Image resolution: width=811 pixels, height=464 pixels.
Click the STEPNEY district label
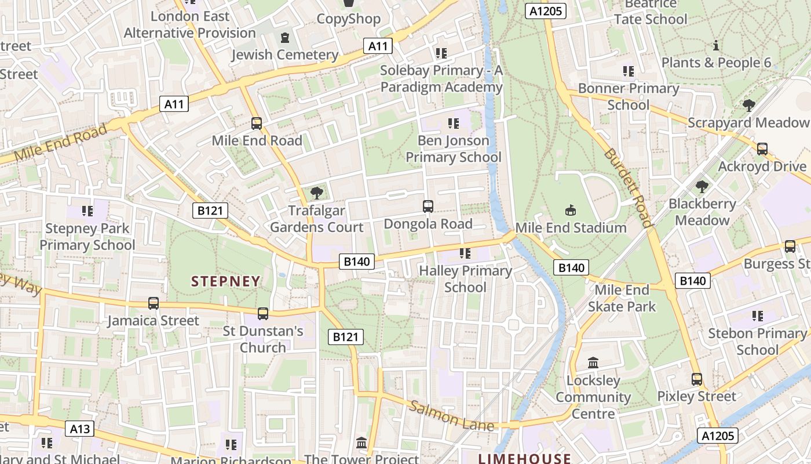tap(226, 281)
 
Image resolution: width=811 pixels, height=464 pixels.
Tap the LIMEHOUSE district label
tap(524, 458)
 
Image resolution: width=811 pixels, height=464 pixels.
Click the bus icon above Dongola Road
tap(428, 206)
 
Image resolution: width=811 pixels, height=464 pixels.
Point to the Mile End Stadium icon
tap(570, 210)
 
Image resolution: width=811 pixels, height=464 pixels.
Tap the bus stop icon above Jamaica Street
tap(153, 303)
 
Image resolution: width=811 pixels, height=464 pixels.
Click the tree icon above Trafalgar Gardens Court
tap(316, 193)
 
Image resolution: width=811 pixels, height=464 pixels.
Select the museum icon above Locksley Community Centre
tap(593, 363)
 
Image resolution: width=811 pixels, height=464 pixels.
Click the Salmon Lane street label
tap(452, 415)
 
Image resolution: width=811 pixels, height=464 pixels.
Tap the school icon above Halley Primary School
tap(465, 253)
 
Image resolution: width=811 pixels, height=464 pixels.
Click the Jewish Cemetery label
tap(284, 55)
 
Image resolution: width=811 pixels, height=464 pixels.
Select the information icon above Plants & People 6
tap(716, 45)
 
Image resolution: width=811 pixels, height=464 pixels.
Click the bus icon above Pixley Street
tap(696, 379)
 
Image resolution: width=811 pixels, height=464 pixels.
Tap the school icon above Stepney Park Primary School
tap(87, 211)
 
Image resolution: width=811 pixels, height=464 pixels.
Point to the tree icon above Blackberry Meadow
tap(702, 187)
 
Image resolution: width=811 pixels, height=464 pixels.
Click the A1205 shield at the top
tap(545, 10)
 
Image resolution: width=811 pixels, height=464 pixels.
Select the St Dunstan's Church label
tap(263, 339)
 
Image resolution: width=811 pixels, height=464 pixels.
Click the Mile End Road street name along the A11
tap(60, 143)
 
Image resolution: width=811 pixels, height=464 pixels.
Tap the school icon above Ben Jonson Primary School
tap(453, 123)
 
